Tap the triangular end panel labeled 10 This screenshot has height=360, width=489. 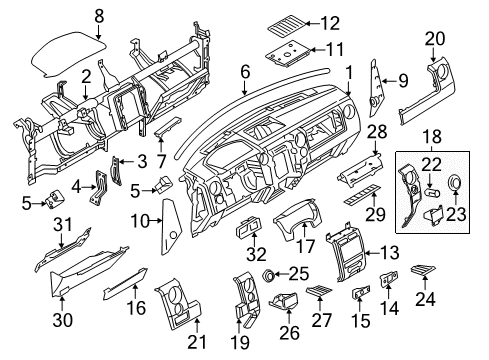[x=166, y=236]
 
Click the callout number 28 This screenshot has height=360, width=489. [x=377, y=132]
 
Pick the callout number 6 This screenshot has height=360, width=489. [x=244, y=72]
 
